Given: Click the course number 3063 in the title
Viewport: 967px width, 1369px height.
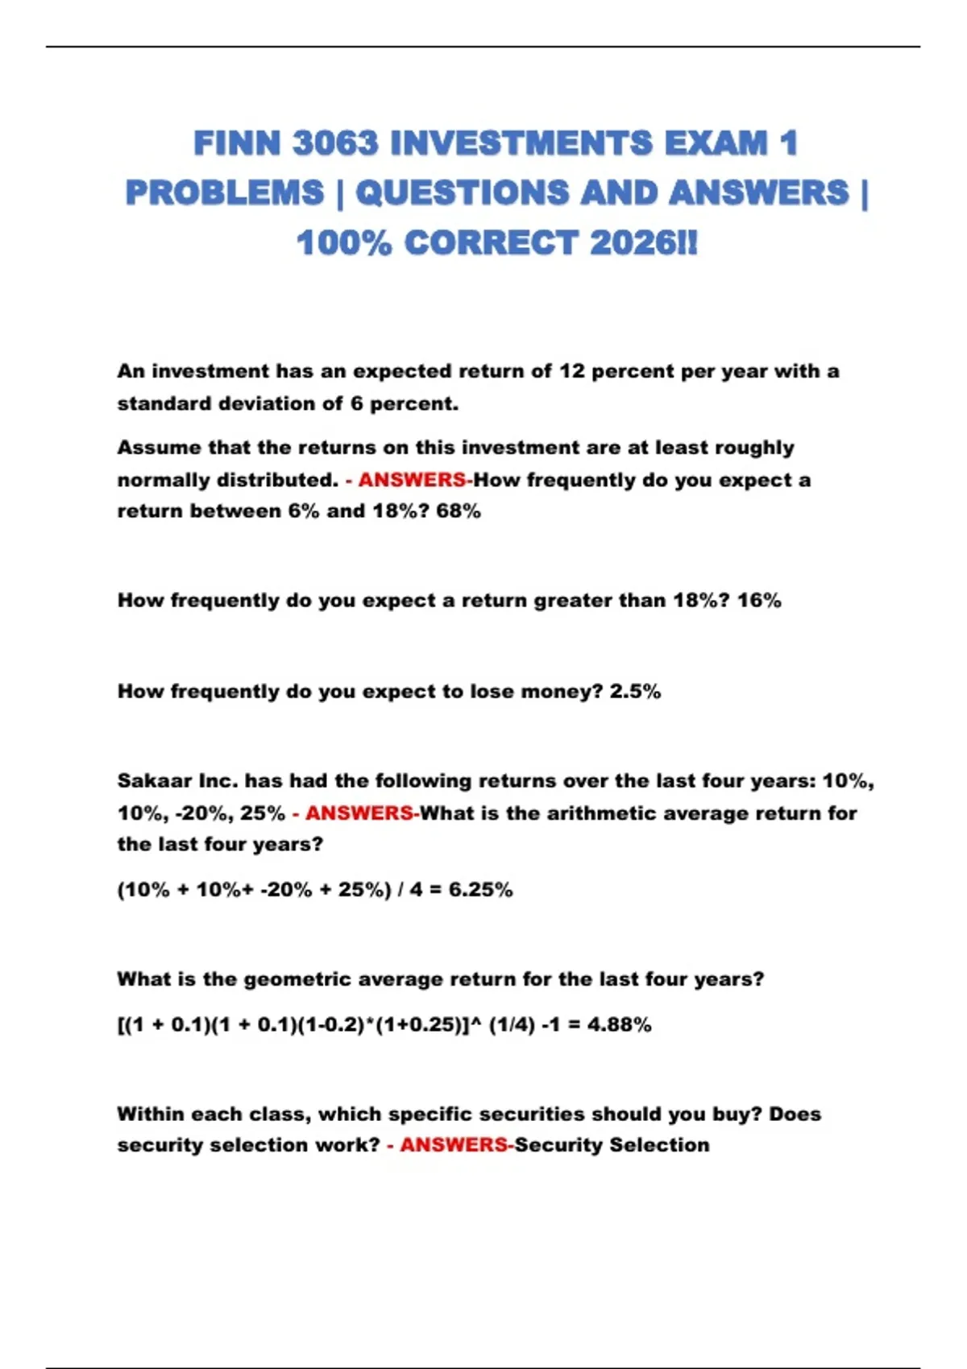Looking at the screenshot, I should (x=335, y=144).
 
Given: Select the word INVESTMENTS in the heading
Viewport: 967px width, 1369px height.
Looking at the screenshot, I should (x=521, y=144).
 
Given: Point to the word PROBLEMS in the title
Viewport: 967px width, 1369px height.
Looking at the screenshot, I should (x=225, y=193).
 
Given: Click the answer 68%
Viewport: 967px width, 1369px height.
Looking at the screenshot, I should (x=459, y=511).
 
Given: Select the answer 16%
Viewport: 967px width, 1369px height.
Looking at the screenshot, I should (x=759, y=601).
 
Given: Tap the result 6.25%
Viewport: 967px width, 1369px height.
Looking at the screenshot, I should (x=481, y=890).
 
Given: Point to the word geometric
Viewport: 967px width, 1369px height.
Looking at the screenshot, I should (x=297, y=980).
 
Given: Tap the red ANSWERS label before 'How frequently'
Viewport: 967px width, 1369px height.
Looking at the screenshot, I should (x=412, y=480).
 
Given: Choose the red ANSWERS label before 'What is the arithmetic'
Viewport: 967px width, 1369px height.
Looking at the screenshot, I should (x=359, y=813).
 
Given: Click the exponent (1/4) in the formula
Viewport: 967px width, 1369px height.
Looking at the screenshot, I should (x=512, y=1025).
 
